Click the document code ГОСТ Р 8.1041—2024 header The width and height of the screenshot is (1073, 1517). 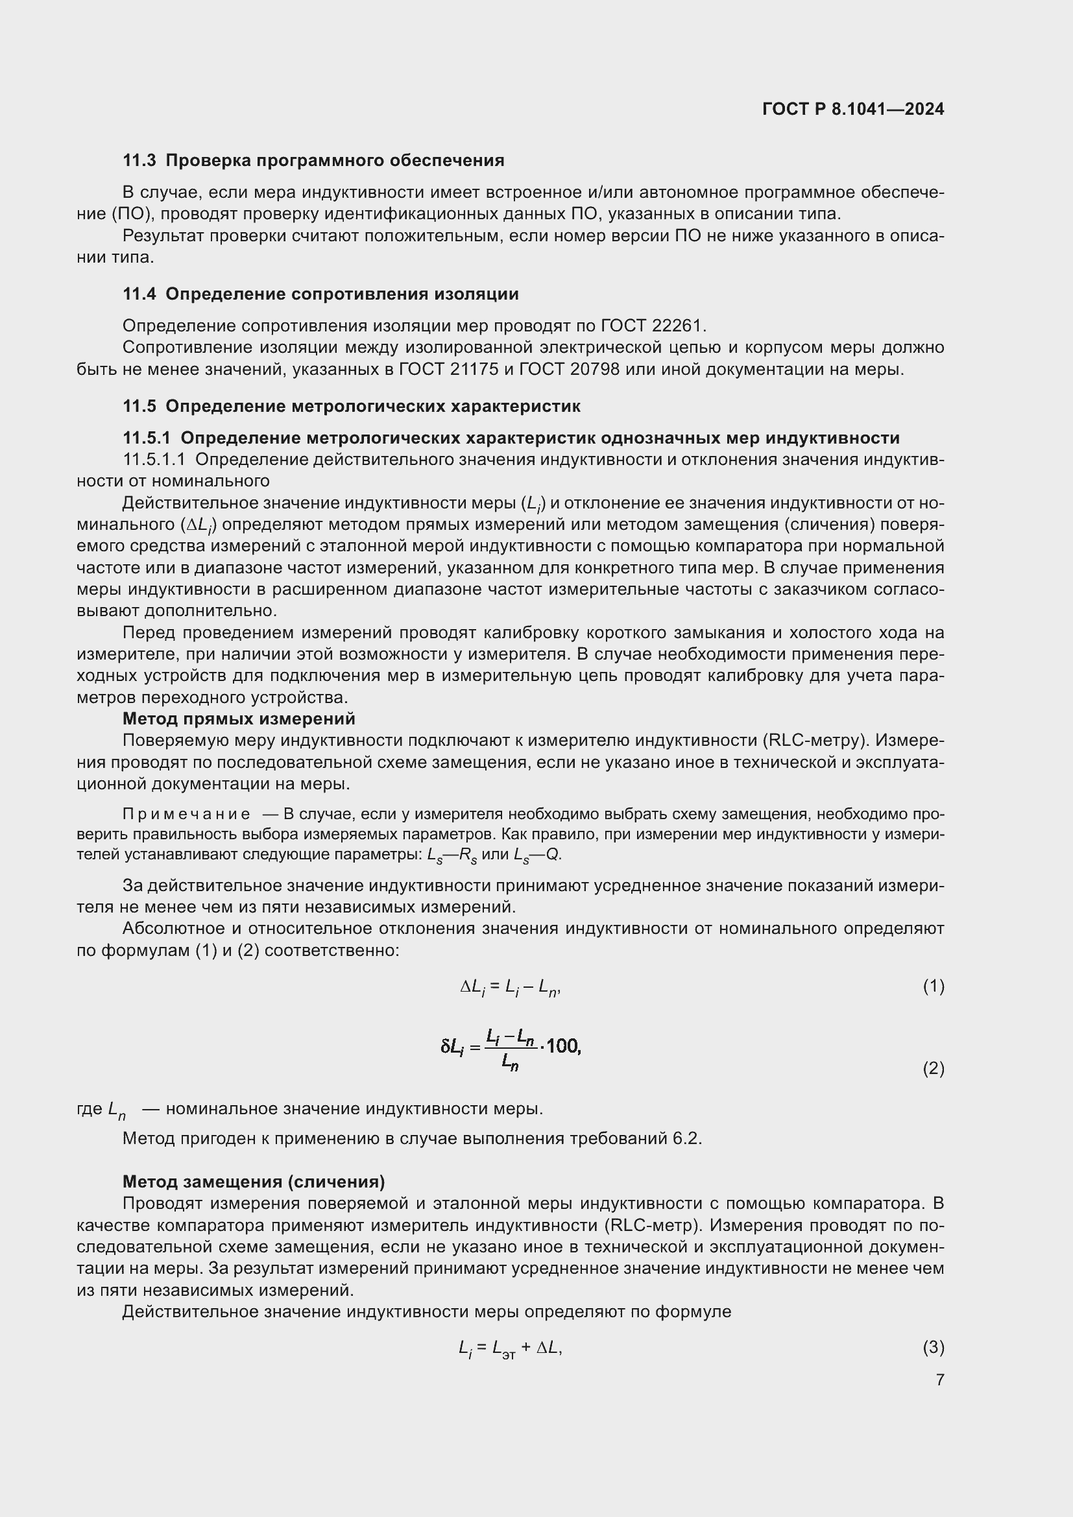point(853,109)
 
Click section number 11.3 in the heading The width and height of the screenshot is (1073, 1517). point(139,161)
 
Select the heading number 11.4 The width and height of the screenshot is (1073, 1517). point(139,294)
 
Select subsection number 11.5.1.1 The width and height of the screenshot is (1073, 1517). point(154,459)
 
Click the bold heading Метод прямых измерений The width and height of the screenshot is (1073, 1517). point(239,718)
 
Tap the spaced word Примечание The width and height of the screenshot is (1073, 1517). point(186,814)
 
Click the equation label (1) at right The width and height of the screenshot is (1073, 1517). point(933,986)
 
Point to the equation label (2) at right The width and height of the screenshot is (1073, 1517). point(933,1068)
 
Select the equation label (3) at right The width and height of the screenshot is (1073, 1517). point(933,1346)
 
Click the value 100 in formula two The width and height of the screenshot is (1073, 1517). point(562,1046)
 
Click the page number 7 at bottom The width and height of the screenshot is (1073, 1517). point(939,1380)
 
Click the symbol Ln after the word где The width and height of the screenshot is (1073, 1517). point(117,1109)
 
